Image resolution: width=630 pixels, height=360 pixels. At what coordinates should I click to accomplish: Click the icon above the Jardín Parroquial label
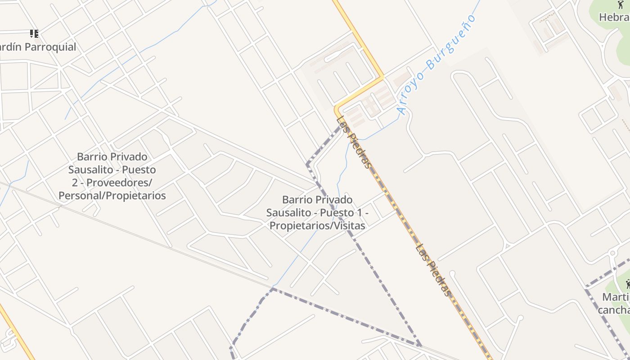(x=34, y=34)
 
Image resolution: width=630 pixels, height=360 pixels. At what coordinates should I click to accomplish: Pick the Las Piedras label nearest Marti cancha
(x=433, y=270)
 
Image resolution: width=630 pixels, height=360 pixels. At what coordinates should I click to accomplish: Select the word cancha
(x=614, y=310)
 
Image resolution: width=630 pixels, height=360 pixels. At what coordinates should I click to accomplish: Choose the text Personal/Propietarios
(x=112, y=196)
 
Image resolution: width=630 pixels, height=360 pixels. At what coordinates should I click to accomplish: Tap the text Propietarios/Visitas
(x=317, y=225)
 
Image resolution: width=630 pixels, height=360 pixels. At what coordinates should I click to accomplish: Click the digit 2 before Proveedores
(x=74, y=183)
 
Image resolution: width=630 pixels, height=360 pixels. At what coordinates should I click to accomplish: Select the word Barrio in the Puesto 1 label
(x=297, y=199)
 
